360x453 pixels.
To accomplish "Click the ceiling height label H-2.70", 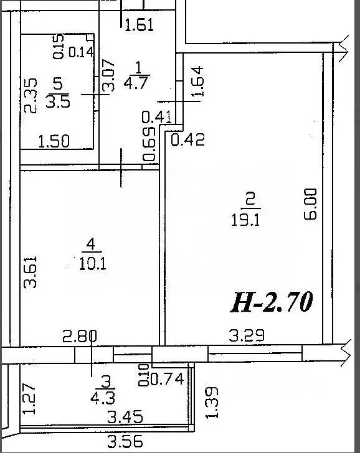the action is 272,302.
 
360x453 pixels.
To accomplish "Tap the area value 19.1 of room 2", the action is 246,221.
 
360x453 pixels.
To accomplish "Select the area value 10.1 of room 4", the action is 92,264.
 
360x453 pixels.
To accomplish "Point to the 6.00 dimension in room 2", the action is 311,204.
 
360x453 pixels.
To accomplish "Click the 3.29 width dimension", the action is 247,335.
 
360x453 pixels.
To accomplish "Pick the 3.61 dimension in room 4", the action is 31,272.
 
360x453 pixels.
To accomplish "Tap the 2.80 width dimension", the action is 80,336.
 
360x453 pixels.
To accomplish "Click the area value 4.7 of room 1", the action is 136,82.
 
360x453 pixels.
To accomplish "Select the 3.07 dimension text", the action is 109,75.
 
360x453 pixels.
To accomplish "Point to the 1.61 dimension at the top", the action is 139,24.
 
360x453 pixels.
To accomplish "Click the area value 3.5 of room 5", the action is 58,101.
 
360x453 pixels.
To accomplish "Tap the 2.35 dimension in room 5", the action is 31,95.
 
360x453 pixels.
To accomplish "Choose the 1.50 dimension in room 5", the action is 54,141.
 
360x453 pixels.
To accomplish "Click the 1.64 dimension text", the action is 197,81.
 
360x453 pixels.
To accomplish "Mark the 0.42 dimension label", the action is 187,139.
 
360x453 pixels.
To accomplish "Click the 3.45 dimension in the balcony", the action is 125,417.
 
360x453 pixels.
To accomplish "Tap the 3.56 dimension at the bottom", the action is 125,441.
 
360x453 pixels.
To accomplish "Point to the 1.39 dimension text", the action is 212,403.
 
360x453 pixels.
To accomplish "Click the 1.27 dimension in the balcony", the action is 29,399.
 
